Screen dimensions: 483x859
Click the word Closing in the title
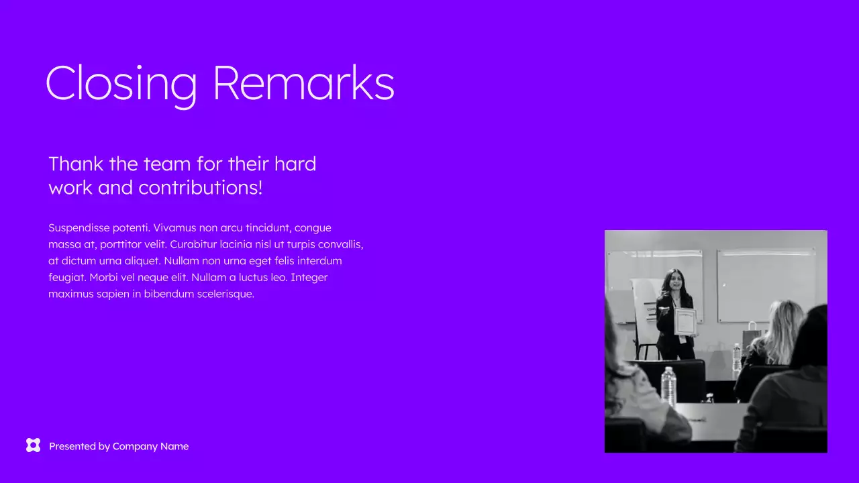(121, 83)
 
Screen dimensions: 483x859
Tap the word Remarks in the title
(303, 83)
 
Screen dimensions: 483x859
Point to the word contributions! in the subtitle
(201, 188)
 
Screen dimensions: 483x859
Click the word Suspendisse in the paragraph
(79, 228)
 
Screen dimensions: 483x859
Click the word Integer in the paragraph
(309, 277)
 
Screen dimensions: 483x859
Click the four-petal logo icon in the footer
(33, 445)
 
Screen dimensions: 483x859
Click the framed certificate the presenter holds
(685, 321)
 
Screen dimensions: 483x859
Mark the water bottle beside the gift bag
(737, 357)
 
